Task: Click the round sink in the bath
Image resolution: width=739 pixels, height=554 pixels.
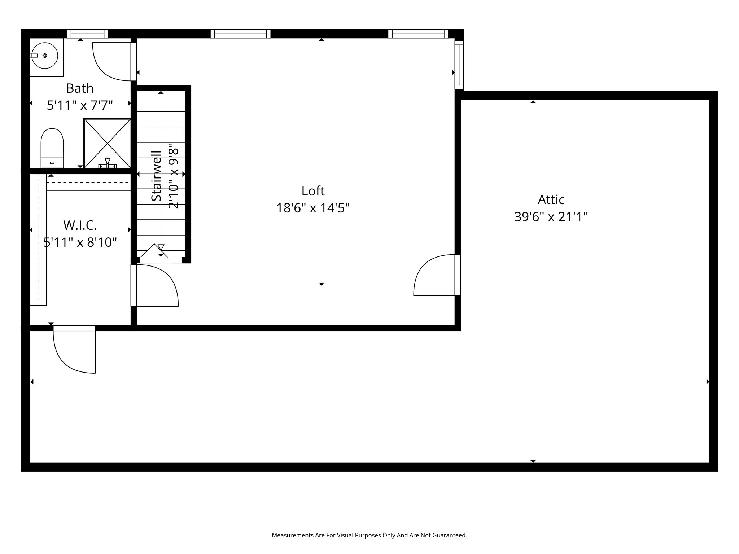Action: (44, 56)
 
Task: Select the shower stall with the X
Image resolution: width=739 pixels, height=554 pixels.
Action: (107, 143)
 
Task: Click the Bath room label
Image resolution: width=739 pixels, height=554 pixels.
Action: (80, 88)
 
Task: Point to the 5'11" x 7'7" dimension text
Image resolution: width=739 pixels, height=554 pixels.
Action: (80, 105)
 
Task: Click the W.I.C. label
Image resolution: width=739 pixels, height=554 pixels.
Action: (80, 225)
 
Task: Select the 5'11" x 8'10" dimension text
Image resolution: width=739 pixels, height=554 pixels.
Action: (80, 242)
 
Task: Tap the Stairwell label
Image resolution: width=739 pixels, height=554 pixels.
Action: (156, 176)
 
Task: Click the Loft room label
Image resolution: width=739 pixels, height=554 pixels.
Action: (313, 191)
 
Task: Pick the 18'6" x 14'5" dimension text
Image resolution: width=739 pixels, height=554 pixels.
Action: (313, 208)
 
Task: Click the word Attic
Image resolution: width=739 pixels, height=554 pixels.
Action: (551, 199)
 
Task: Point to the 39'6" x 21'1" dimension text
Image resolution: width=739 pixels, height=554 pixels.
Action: (551, 217)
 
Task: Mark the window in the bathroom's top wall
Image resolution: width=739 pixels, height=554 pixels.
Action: (87, 34)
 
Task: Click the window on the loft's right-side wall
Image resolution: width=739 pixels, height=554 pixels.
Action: (459, 65)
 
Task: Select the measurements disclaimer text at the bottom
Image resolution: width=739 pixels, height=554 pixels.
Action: (369, 535)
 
